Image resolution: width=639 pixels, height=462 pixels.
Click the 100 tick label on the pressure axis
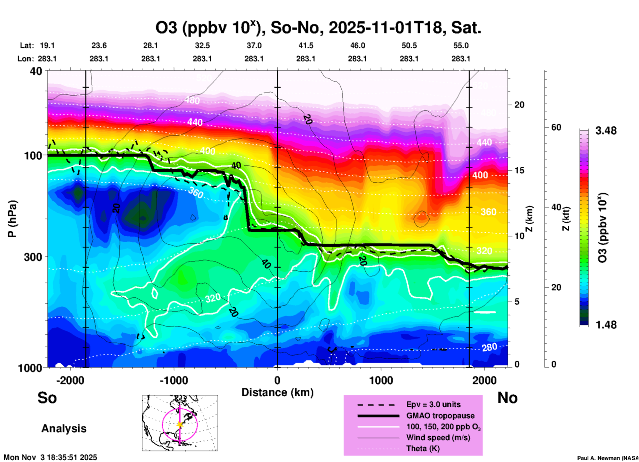click(33, 155)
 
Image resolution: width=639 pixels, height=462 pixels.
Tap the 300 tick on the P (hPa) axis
click(33, 257)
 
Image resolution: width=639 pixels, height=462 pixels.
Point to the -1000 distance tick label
click(174, 380)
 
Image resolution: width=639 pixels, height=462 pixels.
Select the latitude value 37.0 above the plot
click(254, 45)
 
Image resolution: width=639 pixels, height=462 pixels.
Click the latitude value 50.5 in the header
click(409, 45)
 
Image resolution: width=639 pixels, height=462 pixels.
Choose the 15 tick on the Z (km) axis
click(519, 170)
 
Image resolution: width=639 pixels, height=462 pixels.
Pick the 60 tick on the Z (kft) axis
click(556, 127)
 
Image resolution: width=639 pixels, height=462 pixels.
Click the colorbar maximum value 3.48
click(606, 131)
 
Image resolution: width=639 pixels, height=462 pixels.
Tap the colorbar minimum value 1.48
click(606, 325)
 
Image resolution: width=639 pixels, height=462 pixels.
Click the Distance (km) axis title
click(277, 392)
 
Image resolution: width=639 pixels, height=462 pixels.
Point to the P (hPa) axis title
click(12, 219)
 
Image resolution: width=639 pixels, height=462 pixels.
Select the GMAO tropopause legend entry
click(440, 416)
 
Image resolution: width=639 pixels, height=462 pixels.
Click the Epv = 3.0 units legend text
click(433, 405)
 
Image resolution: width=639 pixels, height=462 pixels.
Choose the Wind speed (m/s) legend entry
click(438, 438)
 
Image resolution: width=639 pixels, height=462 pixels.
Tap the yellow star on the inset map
click(180, 425)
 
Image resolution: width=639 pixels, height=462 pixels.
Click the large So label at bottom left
click(47, 398)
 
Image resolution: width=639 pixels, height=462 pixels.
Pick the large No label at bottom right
click(507, 398)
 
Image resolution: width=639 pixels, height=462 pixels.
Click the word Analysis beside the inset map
click(64, 429)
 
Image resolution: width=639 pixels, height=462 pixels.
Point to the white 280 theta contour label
click(489, 347)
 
